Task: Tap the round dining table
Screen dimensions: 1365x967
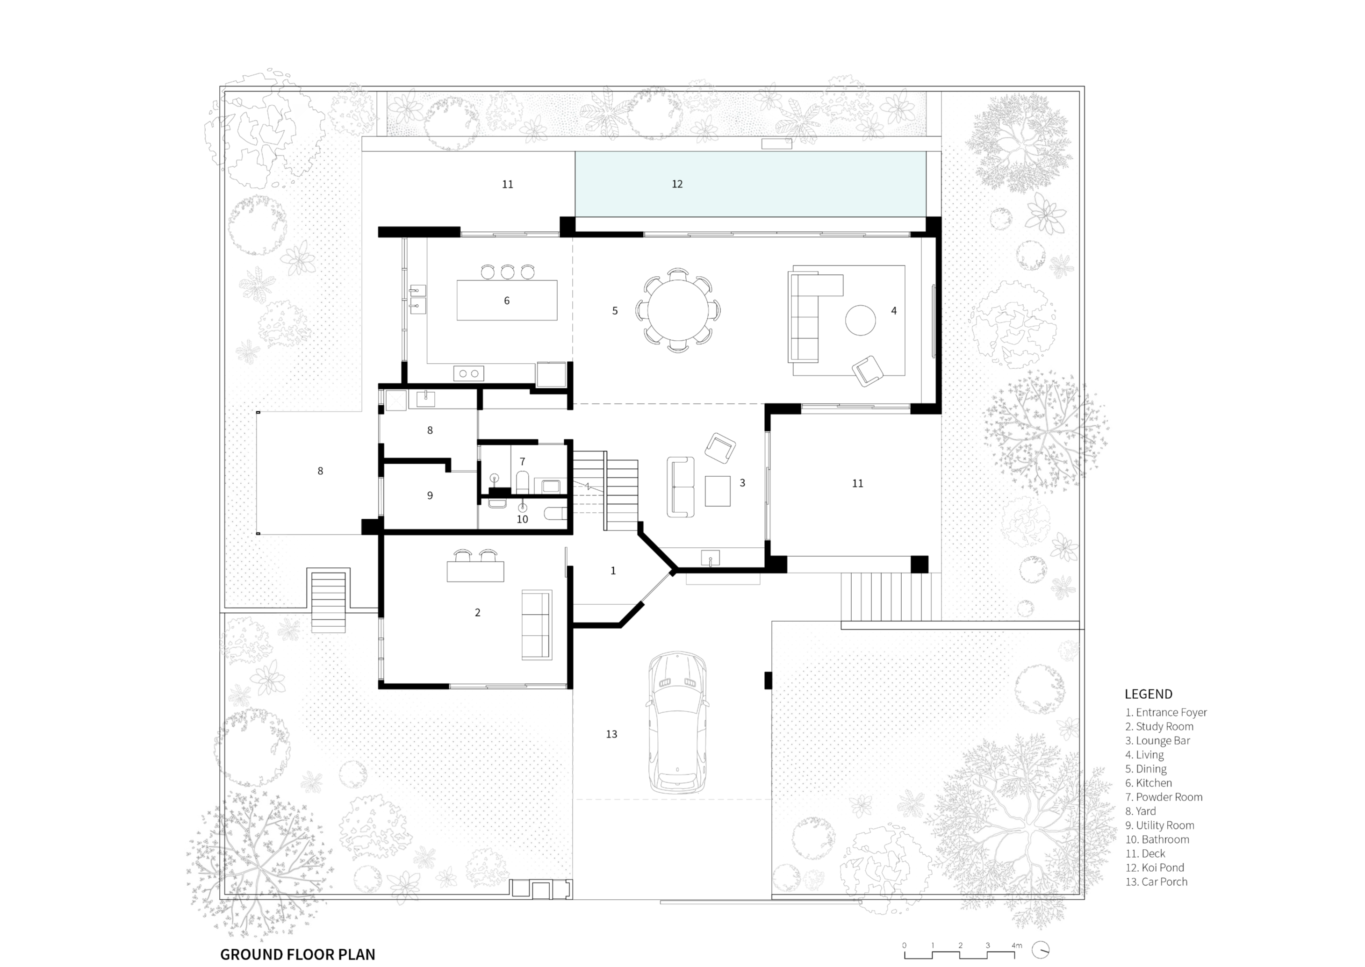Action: [678, 310]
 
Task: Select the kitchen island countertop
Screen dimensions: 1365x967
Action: [507, 300]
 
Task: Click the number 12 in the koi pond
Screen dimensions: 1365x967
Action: [677, 184]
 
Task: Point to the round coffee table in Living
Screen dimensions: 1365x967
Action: [861, 320]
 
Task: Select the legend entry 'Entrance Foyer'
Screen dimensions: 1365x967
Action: [1166, 712]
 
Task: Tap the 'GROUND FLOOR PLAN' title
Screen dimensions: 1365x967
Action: [298, 954]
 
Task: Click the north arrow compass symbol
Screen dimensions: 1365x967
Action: [1041, 950]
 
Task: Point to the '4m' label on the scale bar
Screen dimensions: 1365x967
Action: [1017, 945]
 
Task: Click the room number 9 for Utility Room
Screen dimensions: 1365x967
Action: [430, 495]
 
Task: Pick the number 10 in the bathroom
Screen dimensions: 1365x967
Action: [522, 519]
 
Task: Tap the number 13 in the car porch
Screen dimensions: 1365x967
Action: [611, 734]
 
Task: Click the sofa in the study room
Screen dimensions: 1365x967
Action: [537, 624]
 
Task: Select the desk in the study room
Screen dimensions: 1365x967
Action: [475, 571]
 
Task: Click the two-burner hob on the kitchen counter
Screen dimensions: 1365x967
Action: [469, 373]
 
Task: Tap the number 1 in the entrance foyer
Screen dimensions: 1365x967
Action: [613, 571]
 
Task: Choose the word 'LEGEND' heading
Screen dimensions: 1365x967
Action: [1148, 694]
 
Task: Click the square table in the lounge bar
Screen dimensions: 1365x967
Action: [718, 491]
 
